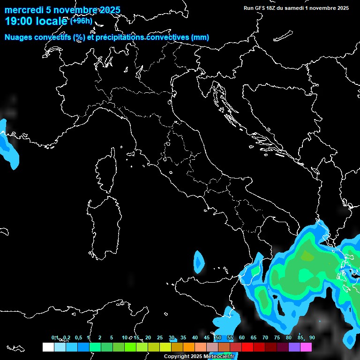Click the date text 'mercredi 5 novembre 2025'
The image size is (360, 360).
click(x=62, y=10)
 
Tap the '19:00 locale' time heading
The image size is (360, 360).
click(x=37, y=21)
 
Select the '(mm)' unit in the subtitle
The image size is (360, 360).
click(x=200, y=37)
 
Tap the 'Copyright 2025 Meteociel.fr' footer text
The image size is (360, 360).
click(x=199, y=357)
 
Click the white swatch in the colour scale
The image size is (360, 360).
click(x=48, y=347)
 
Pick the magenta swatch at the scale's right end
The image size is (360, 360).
click(x=306, y=347)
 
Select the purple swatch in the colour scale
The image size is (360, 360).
click(x=294, y=347)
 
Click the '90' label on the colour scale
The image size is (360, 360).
click(x=312, y=338)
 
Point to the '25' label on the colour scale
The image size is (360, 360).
click(x=159, y=338)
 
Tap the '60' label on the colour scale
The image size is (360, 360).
click(x=241, y=338)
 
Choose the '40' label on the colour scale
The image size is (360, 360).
click(x=195, y=338)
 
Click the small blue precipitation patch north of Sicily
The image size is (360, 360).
click(x=199, y=262)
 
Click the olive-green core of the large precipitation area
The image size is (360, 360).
click(x=307, y=256)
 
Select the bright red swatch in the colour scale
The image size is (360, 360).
click(x=247, y=347)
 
